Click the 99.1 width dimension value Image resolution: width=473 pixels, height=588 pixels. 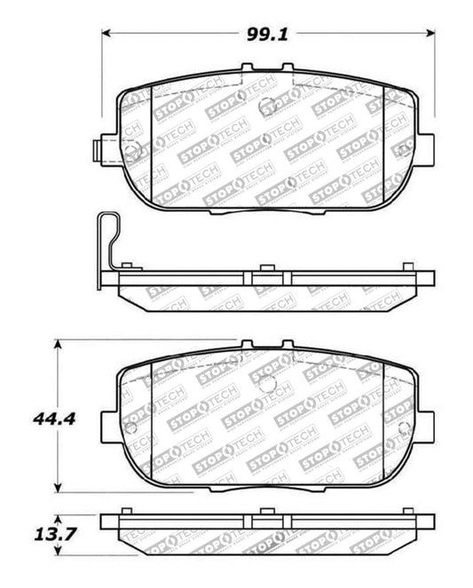269,34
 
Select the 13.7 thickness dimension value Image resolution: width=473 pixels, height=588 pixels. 30,533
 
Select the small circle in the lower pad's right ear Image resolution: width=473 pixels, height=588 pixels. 407,429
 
